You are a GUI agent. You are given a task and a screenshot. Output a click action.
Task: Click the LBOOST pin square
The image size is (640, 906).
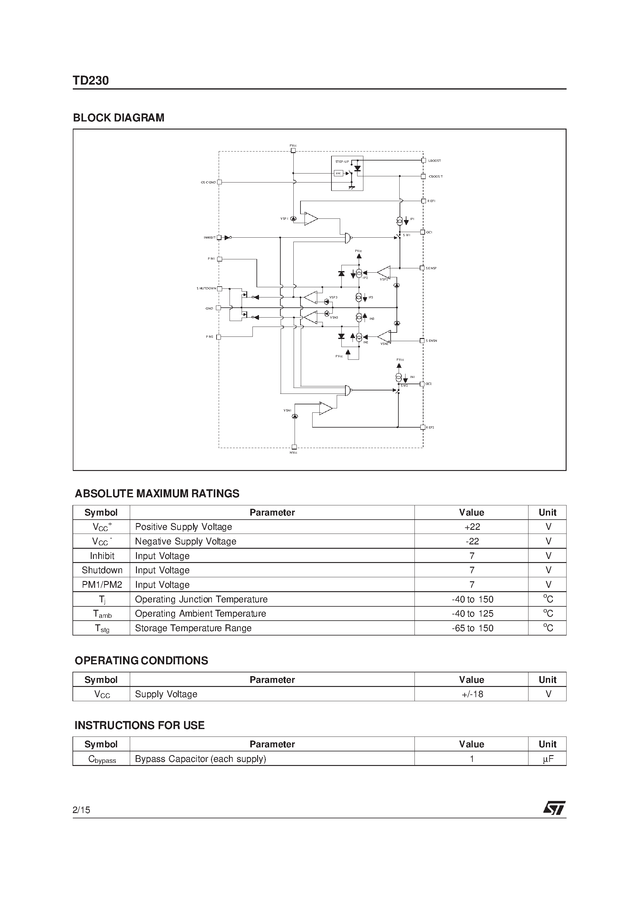point(423,161)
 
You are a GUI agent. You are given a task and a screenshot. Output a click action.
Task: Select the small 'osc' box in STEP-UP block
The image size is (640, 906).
point(339,173)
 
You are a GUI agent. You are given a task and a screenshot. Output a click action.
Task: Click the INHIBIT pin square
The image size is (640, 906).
point(219,238)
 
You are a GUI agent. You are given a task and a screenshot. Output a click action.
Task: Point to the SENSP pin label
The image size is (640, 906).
point(431,268)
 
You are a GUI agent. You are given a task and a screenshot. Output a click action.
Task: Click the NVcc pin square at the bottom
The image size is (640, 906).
point(294,447)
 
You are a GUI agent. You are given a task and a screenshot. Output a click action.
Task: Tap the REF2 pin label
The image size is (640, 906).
point(430,428)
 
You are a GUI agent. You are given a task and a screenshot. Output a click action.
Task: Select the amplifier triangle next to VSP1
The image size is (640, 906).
point(310,219)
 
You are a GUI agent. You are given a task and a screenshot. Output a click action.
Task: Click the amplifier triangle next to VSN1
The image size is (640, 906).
point(326,408)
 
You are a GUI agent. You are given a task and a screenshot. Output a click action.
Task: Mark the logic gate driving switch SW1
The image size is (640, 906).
point(347,238)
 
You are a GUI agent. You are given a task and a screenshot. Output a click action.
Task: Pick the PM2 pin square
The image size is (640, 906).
point(219,337)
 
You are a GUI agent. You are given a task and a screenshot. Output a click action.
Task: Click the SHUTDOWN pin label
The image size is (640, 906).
point(206,288)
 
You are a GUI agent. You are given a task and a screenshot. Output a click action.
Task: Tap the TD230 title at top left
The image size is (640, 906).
point(91,81)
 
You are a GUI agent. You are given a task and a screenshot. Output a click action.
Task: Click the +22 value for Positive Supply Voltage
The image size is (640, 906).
point(472,527)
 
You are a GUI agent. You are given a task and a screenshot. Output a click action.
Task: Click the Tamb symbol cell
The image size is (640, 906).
point(102,614)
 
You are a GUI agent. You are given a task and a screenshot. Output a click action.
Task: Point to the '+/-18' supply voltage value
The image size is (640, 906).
point(472,694)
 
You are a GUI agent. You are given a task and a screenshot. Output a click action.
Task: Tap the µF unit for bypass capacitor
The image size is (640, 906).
point(548,759)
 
